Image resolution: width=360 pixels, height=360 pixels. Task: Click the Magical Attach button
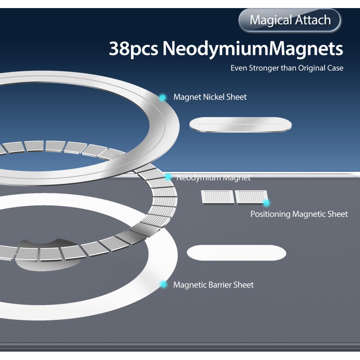[290, 20]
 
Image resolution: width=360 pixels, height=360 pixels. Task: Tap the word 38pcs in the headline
[133, 49]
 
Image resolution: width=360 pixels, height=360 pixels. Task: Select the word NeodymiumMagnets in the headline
[253, 49]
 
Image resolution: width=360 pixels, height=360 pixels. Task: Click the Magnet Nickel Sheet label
[210, 97]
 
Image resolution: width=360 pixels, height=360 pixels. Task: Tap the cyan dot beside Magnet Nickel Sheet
[162, 97]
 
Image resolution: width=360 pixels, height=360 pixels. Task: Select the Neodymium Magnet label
[213, 178]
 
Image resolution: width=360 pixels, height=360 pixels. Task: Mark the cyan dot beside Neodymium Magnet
[168, 176]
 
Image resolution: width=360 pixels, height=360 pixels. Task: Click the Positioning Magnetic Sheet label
[299, 214]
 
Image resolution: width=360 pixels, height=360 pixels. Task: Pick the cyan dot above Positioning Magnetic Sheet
[266, 203]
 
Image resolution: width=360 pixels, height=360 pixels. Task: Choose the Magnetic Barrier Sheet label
[213, 285]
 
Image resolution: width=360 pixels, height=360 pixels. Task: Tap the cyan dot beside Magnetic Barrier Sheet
[163, 284]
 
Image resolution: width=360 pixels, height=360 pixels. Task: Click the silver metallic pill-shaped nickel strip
[240, 125]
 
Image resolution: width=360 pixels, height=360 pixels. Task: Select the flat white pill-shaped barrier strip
[236, 253]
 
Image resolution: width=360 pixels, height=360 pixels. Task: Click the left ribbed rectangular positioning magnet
[217, 197]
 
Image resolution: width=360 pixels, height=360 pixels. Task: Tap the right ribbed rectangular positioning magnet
[250, 197]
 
